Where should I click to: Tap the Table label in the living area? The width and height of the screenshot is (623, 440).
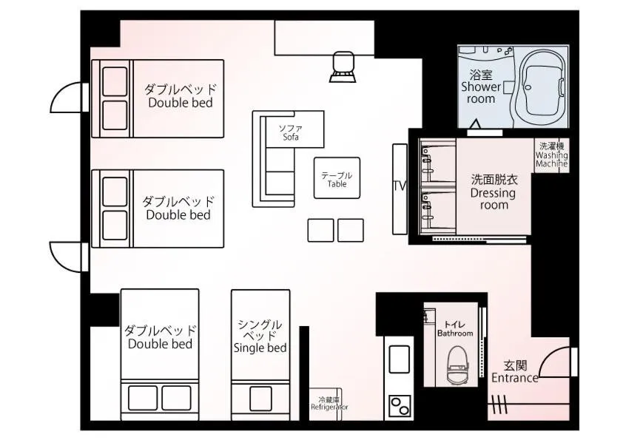(x=337, y=180)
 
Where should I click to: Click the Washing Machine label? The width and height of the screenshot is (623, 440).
(x=551, y=155)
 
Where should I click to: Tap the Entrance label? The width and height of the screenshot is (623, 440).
(x=515, y=372)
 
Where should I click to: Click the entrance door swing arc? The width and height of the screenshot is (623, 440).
(x=553, y=361)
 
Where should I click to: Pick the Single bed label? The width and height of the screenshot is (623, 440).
(x=260, y=336)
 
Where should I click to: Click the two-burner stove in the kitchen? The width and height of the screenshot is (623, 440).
(x=400, y=406)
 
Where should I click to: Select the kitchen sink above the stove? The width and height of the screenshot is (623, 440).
(x=400, y=359)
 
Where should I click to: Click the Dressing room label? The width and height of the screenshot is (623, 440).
(x=493, y=192)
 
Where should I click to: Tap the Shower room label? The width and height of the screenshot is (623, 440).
(x=481, y=87)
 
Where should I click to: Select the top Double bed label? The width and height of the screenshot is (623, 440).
(x=180, y=96)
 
